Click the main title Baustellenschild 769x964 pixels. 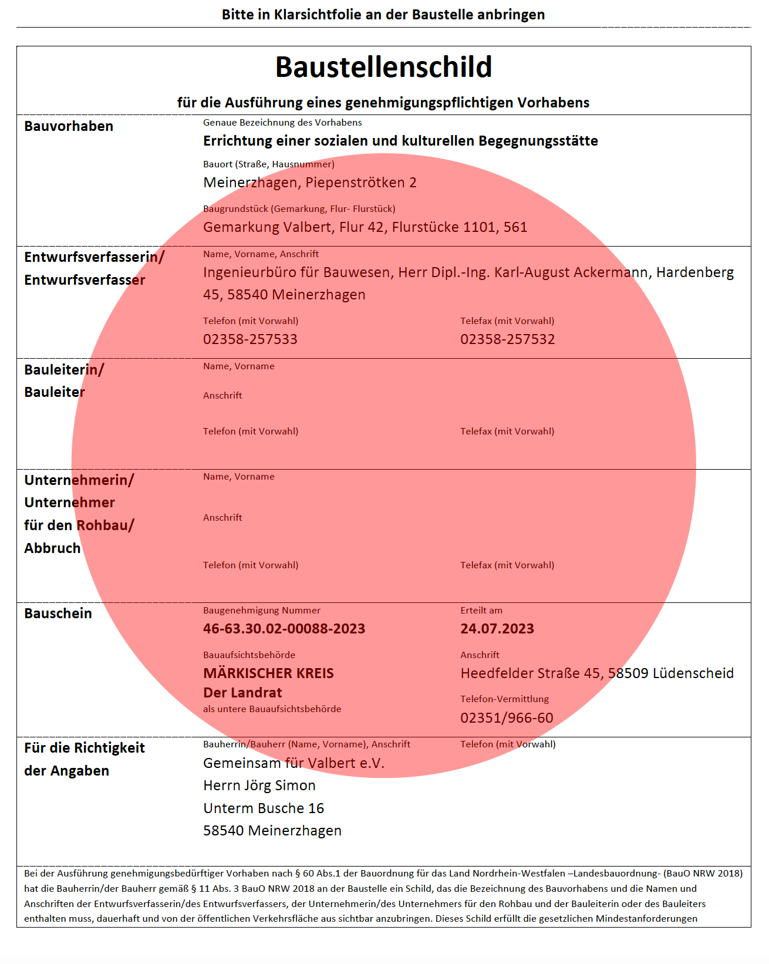[x=383, y=67]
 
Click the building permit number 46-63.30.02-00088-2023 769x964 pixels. [x=284, y=629]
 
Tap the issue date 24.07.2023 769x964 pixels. [x=497, y=629]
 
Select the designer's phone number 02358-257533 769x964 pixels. [x=250, y=339]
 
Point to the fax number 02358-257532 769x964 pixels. [x=507, y=339]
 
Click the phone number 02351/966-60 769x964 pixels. [x=507, y=718]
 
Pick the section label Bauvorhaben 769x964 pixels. [x=69, y=126]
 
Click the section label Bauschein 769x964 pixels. [x=58, y=614]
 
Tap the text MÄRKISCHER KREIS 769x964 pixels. [x=268, y=673]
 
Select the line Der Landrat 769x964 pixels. [x=242, y=693]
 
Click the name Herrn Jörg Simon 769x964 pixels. [x=259, y=786]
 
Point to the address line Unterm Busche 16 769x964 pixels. [x=264, y=808]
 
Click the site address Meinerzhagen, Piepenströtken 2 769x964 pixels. [x=310, y=183]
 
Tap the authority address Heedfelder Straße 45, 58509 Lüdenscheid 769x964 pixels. [x=597, y=673]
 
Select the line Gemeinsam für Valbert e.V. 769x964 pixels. [x=294, y=763]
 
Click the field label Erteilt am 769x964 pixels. [x=481, y=611]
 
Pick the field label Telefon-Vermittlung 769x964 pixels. [x=504, y=699]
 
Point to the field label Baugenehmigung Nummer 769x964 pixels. [x=262, y=611]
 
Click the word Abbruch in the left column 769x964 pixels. [x=52, y=548]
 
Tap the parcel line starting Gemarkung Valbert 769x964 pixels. [x=365, y=227]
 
